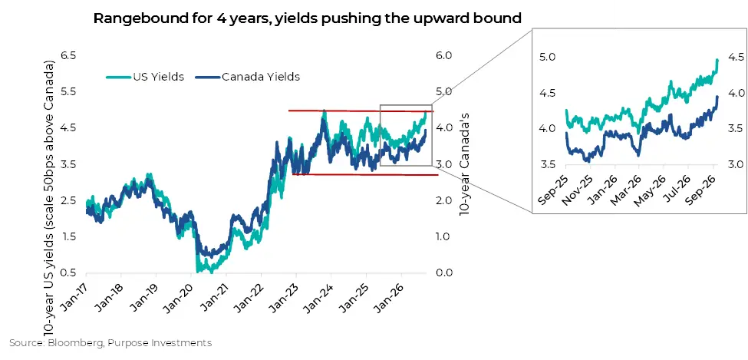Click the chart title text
(307, 18)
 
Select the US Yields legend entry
(144, 77)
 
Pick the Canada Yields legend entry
(248, 77)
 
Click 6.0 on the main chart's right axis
(443, 55)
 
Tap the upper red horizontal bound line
(361, 111)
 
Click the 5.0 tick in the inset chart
(548, 58)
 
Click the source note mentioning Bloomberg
(110, 343)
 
